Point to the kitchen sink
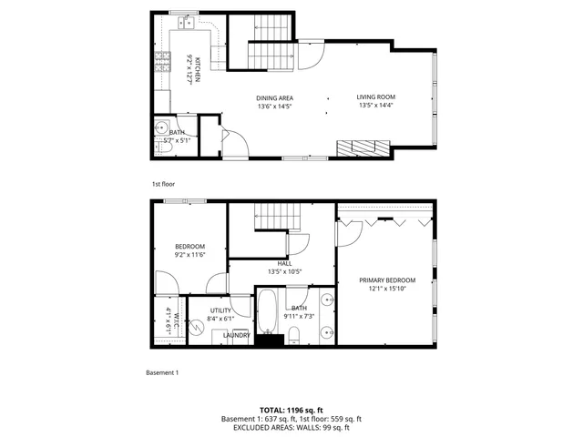click(x=183, y=19)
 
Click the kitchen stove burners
click(x=163, y=61)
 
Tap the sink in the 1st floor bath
click(x=160, y=127)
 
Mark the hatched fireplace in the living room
click(x=363, y=148)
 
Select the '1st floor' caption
click(x=163, y=183)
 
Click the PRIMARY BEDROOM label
click(x=387, y=280)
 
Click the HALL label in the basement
click(x=285, y=262)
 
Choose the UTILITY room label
click(x=209, y=310)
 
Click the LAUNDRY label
click(x=237, y=335)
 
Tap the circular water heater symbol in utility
click(x=196, y=329)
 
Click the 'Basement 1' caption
click(x=163, y=372)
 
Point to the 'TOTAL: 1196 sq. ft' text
click(x=291, y=411)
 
